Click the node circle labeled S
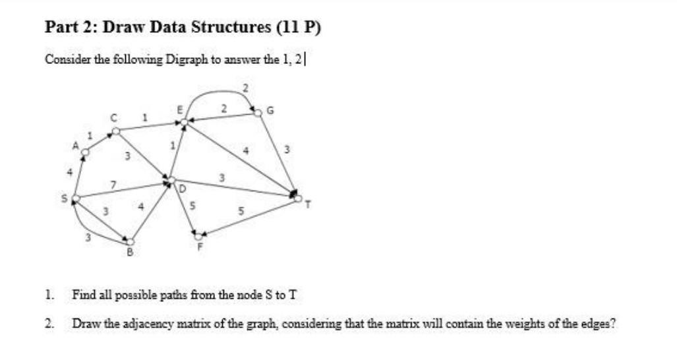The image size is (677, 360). pyautogui.click(x=76, y=198)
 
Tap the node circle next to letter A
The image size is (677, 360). pyautogui.click(x=84, y=153)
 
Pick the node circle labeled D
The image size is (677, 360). pyautogui.click(x=171, y=179)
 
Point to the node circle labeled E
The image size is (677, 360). pyautogui.click(x=184, y=122)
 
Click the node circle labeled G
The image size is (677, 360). pyautogui.click(x=258, y=113)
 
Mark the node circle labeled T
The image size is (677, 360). pyautogui.click(x=299, y=197)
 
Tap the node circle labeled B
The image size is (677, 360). pyautogui.click(x=130, y=242)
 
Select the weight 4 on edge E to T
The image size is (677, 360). pyautogui.click(x=245, y=150)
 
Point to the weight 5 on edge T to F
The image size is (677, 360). pyautogui.click(x=241, y=211)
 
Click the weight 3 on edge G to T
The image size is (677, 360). pyautogui.click(x=286, y=149)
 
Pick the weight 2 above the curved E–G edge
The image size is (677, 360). pyautogui.click(x=245, y=87)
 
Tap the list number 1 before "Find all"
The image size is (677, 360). pyautogui.click(x=48, y=294)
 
